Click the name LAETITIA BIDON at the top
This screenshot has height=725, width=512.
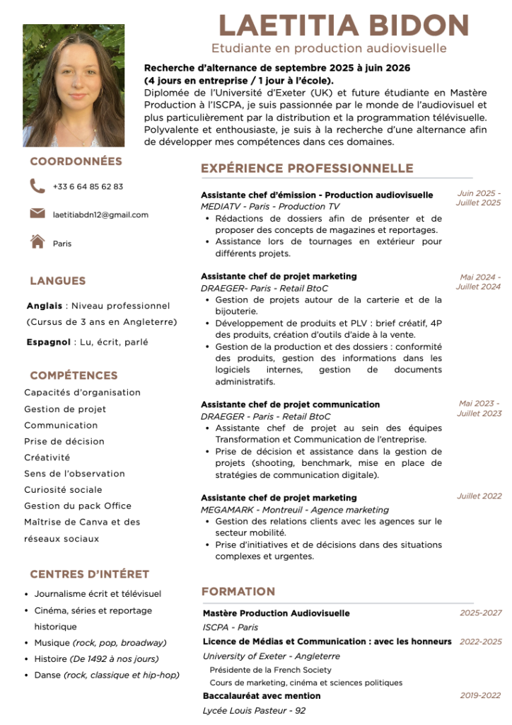pyautogui.click(x=344, y=25)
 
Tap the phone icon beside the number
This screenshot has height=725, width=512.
pyautogui.click(x=37, y=186)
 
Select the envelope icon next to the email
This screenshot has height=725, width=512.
pyautogui.click(x=37, y=214)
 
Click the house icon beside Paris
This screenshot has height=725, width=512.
pyautogui.click(x=37, y=241)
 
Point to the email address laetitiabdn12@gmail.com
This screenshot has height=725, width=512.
pyautogui.click(x=100, y=215)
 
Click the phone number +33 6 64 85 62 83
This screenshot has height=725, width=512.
pyautogui.click(x=88, y=187)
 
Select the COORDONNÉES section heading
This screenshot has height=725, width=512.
pyautogui.click(x=76, y=161)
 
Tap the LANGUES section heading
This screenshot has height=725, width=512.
pyautogui.click(x=57, y=281)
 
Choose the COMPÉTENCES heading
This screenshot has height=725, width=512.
pyautogui.click(x=74, y=375)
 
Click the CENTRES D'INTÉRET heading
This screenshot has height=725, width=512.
pyautogui.click(x=89, y=574)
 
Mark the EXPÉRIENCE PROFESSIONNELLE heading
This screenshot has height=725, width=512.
pyautogui.click(x=307, y=169)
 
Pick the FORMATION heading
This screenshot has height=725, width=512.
pyautogui.click(x=238, y=591)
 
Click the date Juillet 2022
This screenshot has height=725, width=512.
pyautogui.click(x=479, y=496)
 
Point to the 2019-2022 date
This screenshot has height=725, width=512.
pyautogui.click(x=480, y=695)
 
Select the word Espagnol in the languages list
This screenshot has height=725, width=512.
pyautogui.click(x=47, y=342)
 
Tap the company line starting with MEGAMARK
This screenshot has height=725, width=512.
pyautogui.click(x=295, y=510)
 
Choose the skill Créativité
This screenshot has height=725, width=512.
pyautogui.click(x=47, y=457)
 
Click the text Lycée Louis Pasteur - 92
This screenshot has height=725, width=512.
pyautogui.click(x=254, y=710)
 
